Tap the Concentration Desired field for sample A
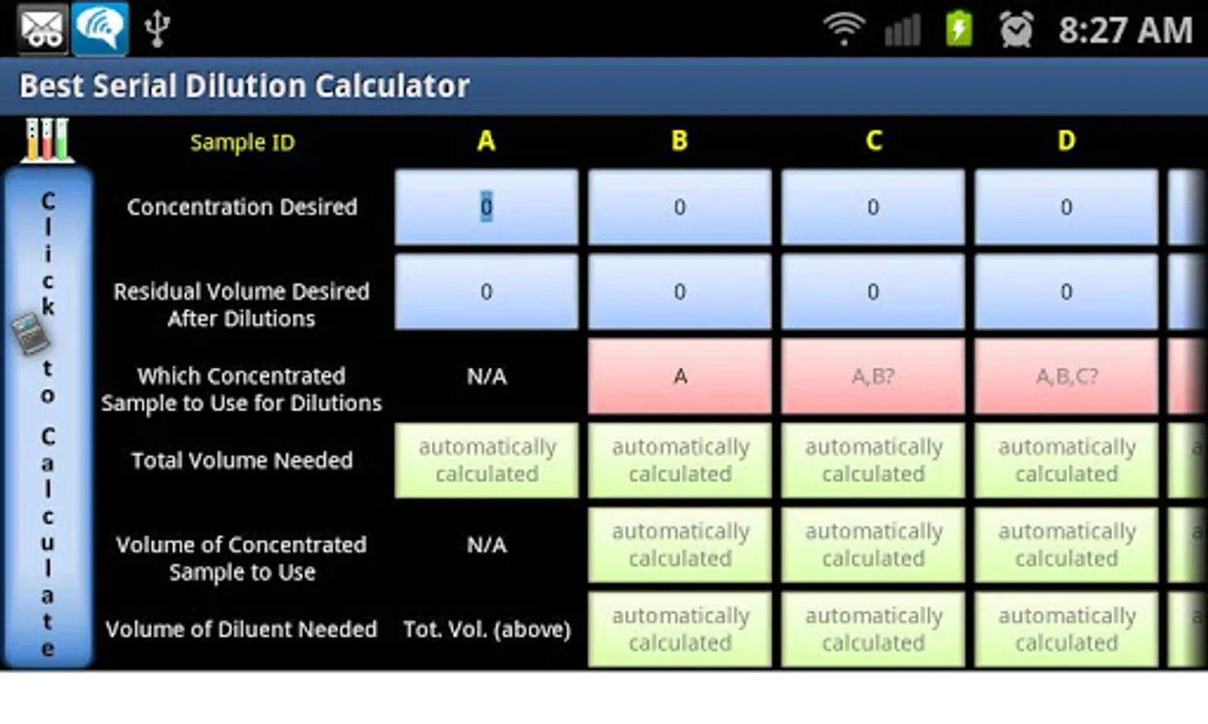click(x=486, y=207)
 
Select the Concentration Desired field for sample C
click(x=873, y=207)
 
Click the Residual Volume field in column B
click(x=679, y=292)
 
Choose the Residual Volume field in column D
click(x=1066, y=292)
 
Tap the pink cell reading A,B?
click(x=873, y=376)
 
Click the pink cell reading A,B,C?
click(x=1066, y=376)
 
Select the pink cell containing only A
click(x=679, y=376)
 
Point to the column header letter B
click(x=679, y=142)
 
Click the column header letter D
click(x=1066, y=142)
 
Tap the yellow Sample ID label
click(x=243, y=142)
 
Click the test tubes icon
click(x=47, y=140)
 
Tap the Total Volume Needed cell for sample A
click(x=486, y=460)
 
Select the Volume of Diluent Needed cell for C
click(x=873, y=629)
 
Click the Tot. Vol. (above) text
click(x=487, y=629)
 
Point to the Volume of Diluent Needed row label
click(x=241, y=629)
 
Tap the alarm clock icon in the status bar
click(x=1016, y=29)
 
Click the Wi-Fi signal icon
click(x=844, y=30)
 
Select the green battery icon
click(x=959, y=29)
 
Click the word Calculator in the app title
click(x=393, y=86)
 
